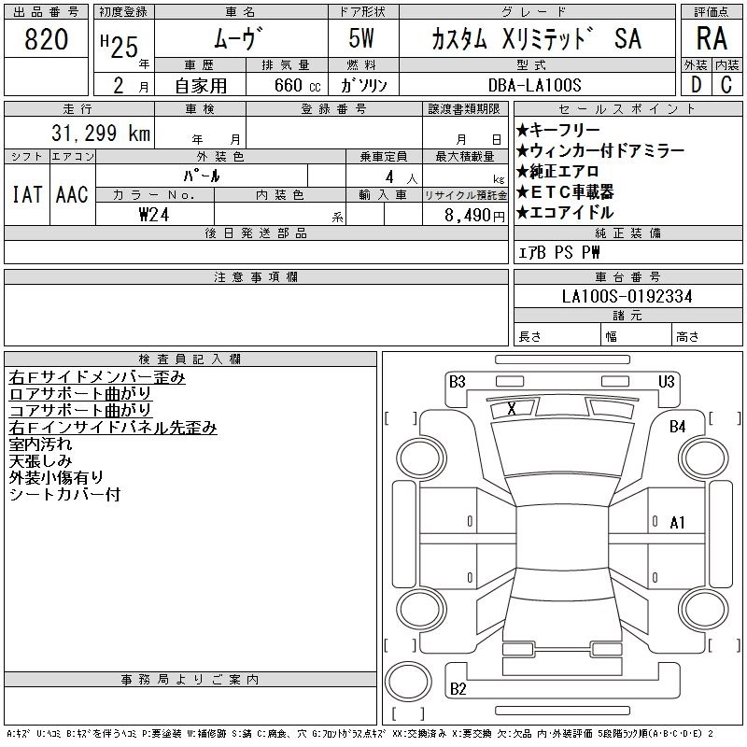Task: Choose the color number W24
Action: coord(153,215)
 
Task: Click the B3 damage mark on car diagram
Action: coord(457,381)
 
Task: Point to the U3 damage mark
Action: coord(666,381)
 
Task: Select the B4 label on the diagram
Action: coord(677,426)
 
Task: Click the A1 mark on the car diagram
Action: coord(677,523)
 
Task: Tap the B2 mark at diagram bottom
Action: coord(458,689)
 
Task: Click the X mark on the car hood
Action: coord(511,408)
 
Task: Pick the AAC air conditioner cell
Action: coord(72,194)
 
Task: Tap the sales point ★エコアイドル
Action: coord(564,212)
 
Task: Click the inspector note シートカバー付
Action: coord(64,495)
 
